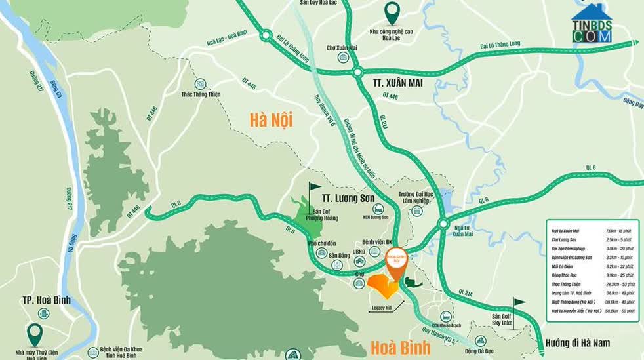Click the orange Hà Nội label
point(270,120)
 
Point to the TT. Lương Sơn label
point(348,196)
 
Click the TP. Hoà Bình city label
point(47,301)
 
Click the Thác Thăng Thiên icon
point(201,84)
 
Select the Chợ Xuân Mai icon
point(342,58)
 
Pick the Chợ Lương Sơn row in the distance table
point(590,240)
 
